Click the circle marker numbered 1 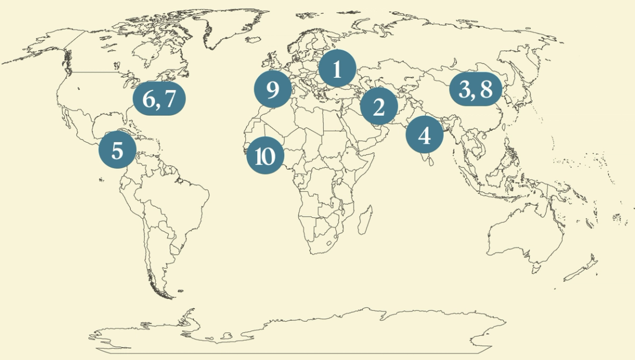[x=337, y=70]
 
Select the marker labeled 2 [x=378, y=107]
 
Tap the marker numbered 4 [x=424, y=135]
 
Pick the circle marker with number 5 [x=117, y=150]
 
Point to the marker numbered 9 [x=273, y=89]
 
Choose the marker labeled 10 [x=265, y=157]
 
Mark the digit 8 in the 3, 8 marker [x=486, y=90]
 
